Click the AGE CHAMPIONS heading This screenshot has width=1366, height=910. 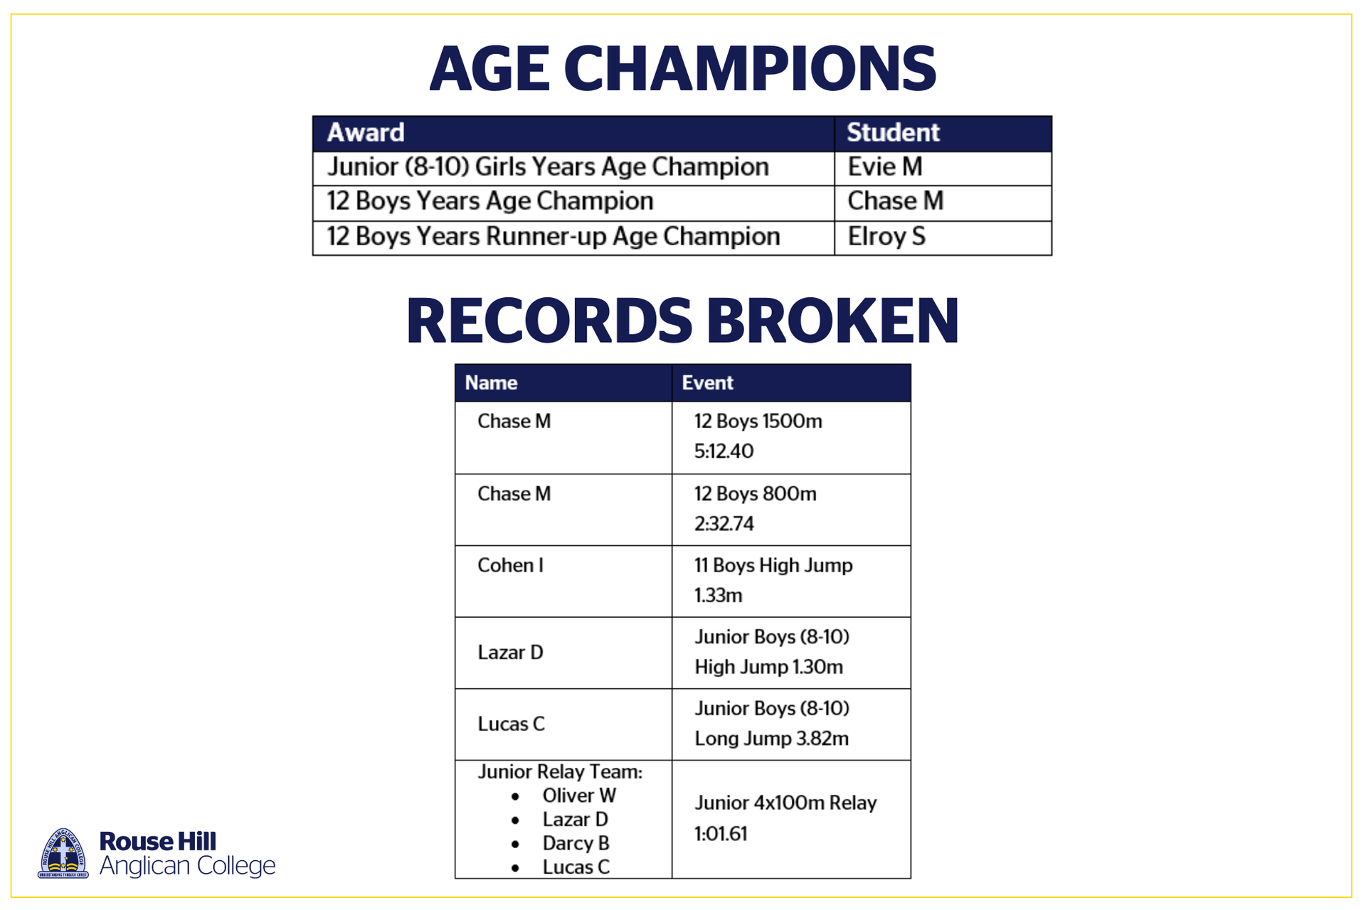[683, 69]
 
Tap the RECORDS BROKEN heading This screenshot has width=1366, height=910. [683, 321]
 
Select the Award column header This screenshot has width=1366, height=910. [366, 132]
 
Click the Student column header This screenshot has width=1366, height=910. [893, 132]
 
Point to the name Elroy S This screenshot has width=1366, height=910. [886, 237]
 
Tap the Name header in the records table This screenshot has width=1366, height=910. [491, 382]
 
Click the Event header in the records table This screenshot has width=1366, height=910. [707, 382]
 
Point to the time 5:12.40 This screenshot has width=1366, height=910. [724, 451]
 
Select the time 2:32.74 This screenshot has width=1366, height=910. [724, 524]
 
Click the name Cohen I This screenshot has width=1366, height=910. [511, 565]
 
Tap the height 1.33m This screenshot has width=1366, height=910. [719, 595]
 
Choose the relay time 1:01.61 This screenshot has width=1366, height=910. [721, 833]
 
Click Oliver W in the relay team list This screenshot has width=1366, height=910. [579, 796]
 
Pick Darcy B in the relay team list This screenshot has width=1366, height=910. [576, 843]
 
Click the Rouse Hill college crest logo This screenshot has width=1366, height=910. [63, 853]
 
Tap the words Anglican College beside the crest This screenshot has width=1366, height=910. [187, 866]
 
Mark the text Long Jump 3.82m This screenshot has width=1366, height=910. [771, 739]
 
